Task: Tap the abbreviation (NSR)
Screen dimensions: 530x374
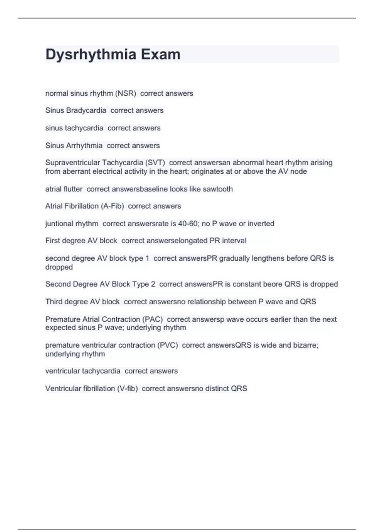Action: click(x=126, y=94)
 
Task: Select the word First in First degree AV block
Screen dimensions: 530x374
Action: click(x=52, y=241)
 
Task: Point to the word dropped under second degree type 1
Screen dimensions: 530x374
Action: click(x=59, y=267)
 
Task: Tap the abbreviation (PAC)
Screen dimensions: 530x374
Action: click(x=152, y=319)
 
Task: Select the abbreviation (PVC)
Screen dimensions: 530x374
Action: click(x=167, y=345)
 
